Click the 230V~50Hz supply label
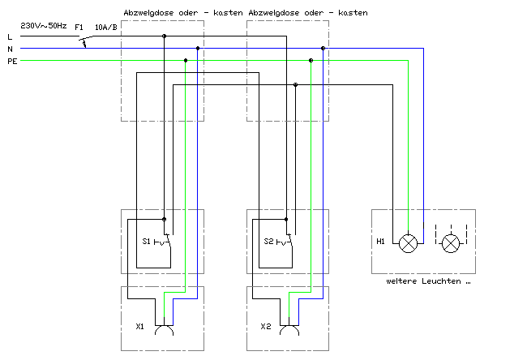pos(44,26)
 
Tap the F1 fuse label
pos(79,28)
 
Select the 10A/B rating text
pos(106,28)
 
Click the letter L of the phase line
pos(10,36)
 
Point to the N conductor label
pos(10,49)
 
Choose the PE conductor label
pos(12,61)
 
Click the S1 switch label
pos(146,241)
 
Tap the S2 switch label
pos(268,241)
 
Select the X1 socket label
pos(139,327)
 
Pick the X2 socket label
pos(265,327)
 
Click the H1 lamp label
pos(380,241)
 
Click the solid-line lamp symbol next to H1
pos(408,243)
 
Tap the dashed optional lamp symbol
pos(451,243)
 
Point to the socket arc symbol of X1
pos(164,327)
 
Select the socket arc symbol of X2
pos(289,327)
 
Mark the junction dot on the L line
pos(164,36)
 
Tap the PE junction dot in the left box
pos(186,61)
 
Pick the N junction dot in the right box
pos(323,49)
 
